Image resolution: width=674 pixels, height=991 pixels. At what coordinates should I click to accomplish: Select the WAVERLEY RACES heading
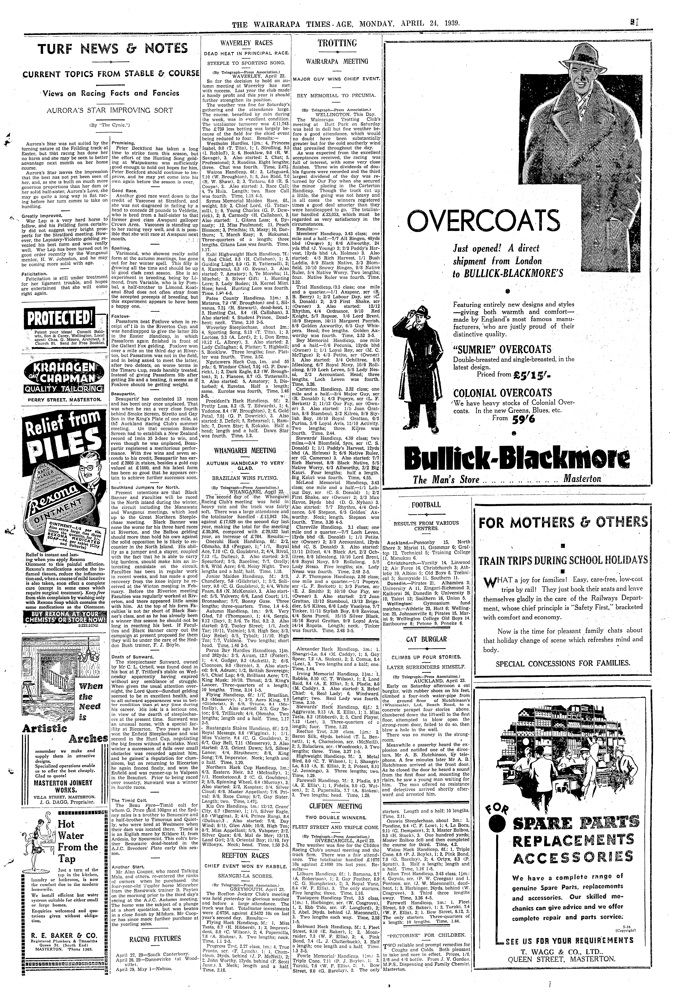click(x=246, y=43)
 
